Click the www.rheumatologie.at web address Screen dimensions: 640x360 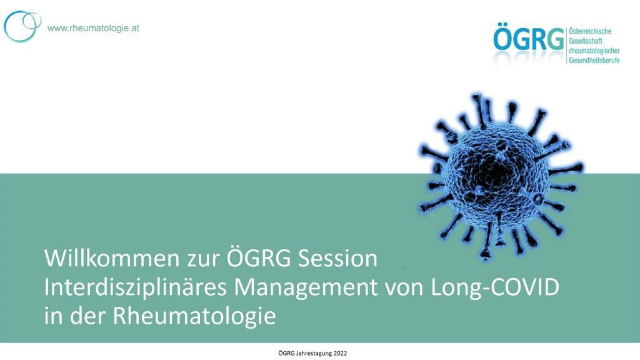[94, 28]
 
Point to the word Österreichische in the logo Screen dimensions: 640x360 [590, 31]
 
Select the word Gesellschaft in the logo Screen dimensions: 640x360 [585, 41]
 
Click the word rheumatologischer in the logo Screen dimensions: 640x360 [594, 51]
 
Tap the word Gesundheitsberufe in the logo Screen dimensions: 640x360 [594, 61]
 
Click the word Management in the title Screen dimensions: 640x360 [306, 287]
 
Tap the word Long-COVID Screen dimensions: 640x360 [495, 287]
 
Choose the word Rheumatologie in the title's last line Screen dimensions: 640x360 [194, 316]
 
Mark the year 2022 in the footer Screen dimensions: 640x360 [340, 354]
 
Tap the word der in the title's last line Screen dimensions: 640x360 [87, 316]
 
